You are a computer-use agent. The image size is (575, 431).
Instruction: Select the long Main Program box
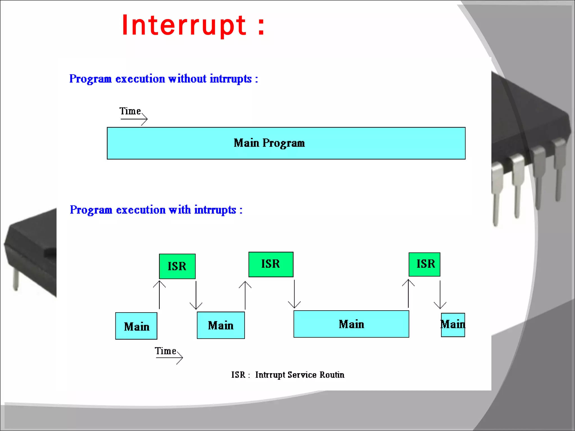(286, 143)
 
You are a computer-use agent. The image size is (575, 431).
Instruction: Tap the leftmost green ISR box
(177, 266)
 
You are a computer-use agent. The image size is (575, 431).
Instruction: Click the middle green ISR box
(271, 264)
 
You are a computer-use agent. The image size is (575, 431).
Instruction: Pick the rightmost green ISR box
(424, 264)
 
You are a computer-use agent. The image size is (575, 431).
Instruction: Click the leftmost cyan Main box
(136, 326)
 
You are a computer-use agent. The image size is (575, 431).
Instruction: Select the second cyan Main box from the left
(221, 325)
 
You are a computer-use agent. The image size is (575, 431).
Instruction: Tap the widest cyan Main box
(351, 324)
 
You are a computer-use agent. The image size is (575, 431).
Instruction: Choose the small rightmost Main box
(453, 325)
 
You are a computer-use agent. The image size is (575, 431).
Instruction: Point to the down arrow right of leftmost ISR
(196, 295)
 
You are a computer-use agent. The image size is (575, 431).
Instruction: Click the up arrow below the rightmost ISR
(408, 293)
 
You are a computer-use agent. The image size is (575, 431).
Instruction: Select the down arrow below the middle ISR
(294, 294)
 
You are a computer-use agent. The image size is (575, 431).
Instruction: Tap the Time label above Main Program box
(130, 111)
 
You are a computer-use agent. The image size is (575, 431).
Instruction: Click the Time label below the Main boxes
(165, 351)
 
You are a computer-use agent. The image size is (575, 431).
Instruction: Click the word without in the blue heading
(187, 79)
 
